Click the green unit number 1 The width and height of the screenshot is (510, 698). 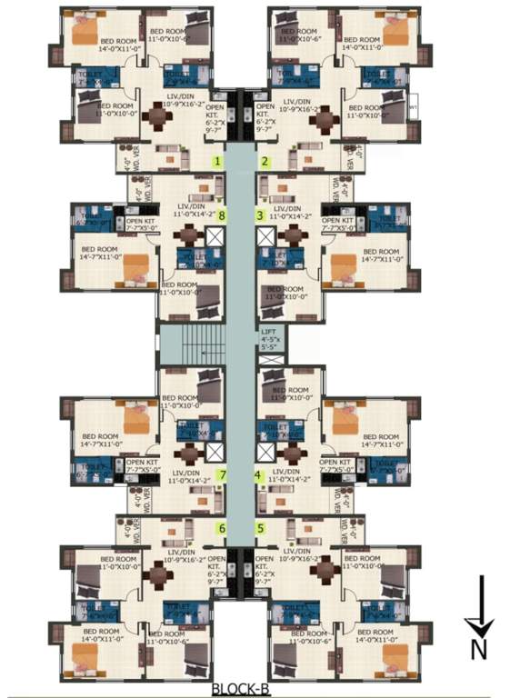click(218, 162)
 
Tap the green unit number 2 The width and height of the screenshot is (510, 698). click(265, 162)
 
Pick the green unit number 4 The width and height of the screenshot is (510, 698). click(258, 474)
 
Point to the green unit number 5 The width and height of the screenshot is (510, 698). click(260, 528)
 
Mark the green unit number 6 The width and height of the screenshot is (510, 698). click(220, 528)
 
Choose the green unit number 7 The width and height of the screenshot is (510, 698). click(222, 474)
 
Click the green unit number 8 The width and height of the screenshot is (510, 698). click(222, 215)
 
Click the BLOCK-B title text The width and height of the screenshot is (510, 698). click(241, 688)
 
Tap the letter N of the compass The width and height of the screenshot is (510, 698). click(479, 648)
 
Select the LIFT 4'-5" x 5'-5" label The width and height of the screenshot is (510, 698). click(268, 339)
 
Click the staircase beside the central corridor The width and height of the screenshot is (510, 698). click(191, 345)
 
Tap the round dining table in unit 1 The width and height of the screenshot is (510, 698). click(159, 116)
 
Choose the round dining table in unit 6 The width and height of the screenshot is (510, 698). click(160, 574)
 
